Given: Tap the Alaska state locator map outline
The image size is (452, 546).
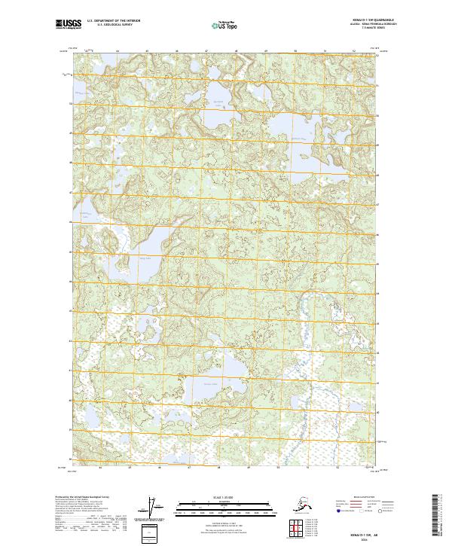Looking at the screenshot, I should click(x=298, y=504).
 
